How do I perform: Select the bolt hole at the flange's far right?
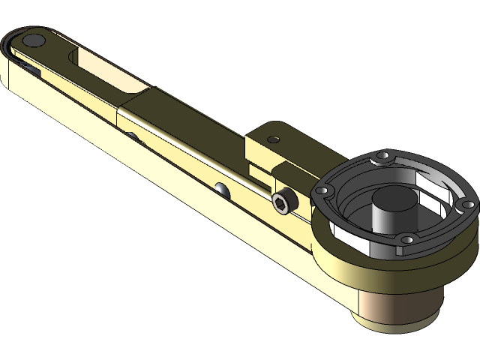pos(466,204)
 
